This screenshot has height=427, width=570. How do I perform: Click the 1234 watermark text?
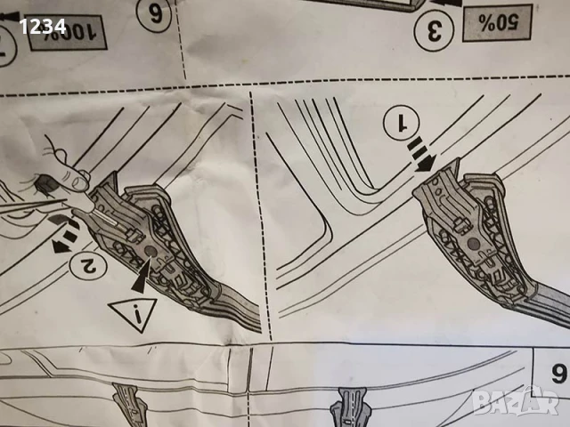[43, 27]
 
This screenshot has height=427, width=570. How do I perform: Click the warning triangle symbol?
[132, 314]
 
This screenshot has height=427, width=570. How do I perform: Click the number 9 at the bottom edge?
[558, 373]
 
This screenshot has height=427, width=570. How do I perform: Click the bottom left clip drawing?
[130, 407]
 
